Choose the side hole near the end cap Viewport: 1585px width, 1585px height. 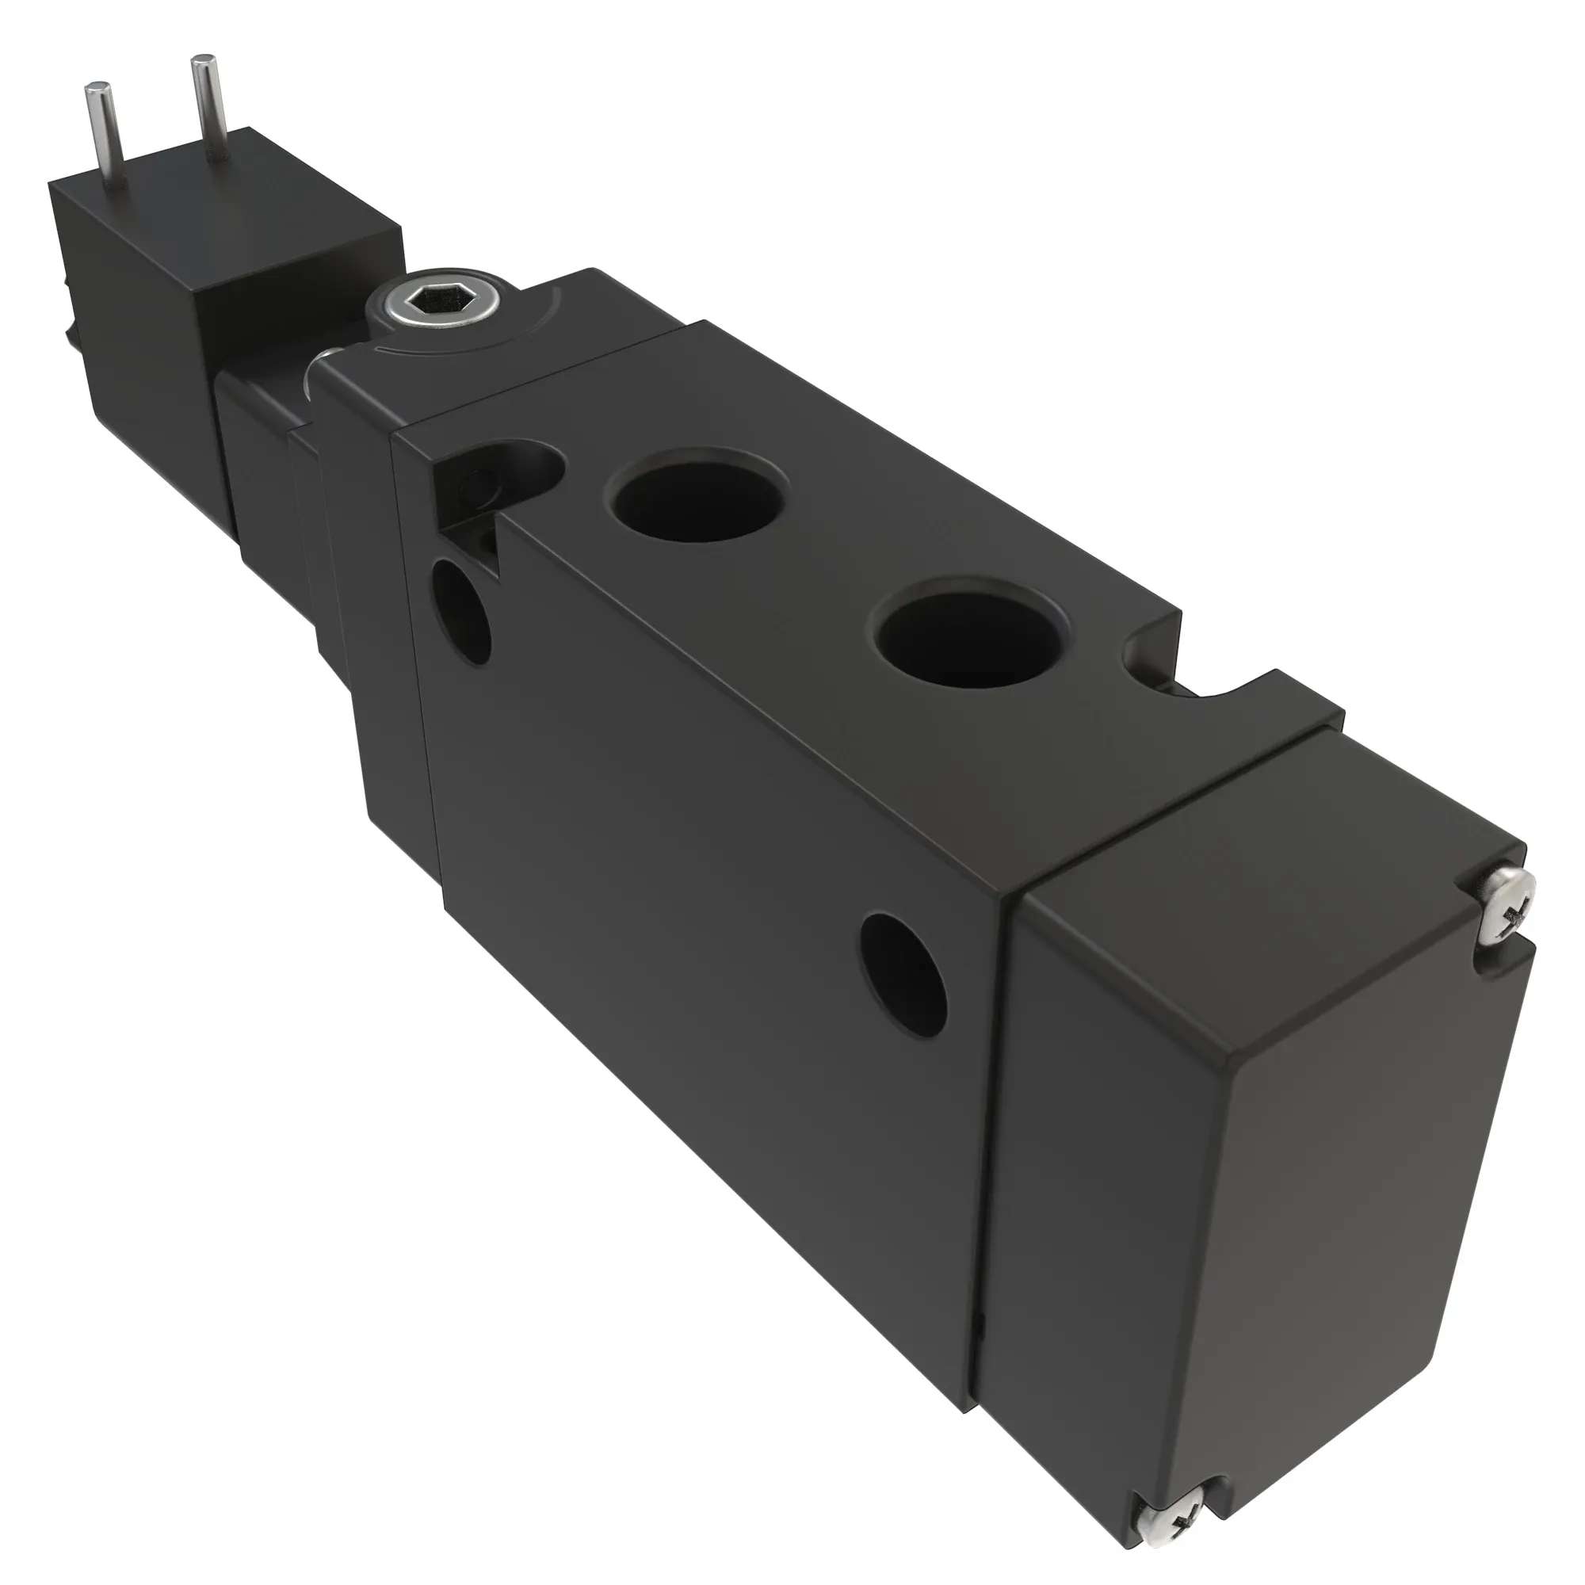tap(905, 972)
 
